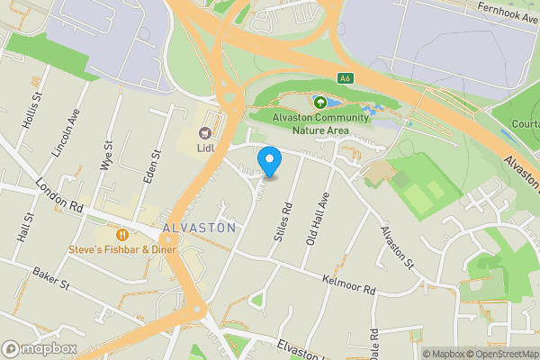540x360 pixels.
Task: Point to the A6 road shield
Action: [344, 78]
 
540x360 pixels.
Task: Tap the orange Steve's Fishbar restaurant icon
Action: [120, 234]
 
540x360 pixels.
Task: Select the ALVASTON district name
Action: [200, 228]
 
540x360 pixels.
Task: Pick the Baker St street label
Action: [50, 277]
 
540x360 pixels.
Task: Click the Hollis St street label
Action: [34, 112]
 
